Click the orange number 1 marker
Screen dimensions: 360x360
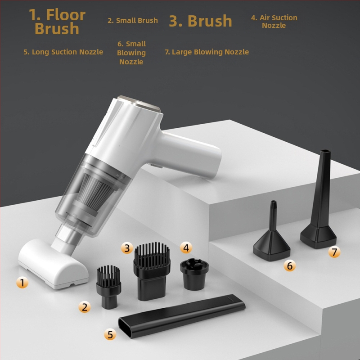tap(22, 283)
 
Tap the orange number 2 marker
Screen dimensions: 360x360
tap(84, 307)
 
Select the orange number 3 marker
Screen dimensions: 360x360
tap(127, 247)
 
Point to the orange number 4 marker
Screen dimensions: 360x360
tap(185, 247)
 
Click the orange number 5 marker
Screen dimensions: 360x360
tap(110, 334)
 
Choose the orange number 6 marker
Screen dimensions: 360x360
tap(289, 266)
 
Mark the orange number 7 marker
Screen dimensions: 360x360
tap(334, 252)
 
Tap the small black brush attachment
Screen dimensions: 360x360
tap(108, 285)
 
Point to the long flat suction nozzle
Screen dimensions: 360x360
tap(180, 317)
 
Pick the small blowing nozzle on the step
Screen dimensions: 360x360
tap(272, 241)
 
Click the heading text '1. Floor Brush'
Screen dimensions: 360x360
tap(57, 22)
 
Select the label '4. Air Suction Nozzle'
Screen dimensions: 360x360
tap(274, 21)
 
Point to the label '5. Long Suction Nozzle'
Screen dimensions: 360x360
tap(63, 52)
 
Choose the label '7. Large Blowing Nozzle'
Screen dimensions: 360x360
tap(207, 52)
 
